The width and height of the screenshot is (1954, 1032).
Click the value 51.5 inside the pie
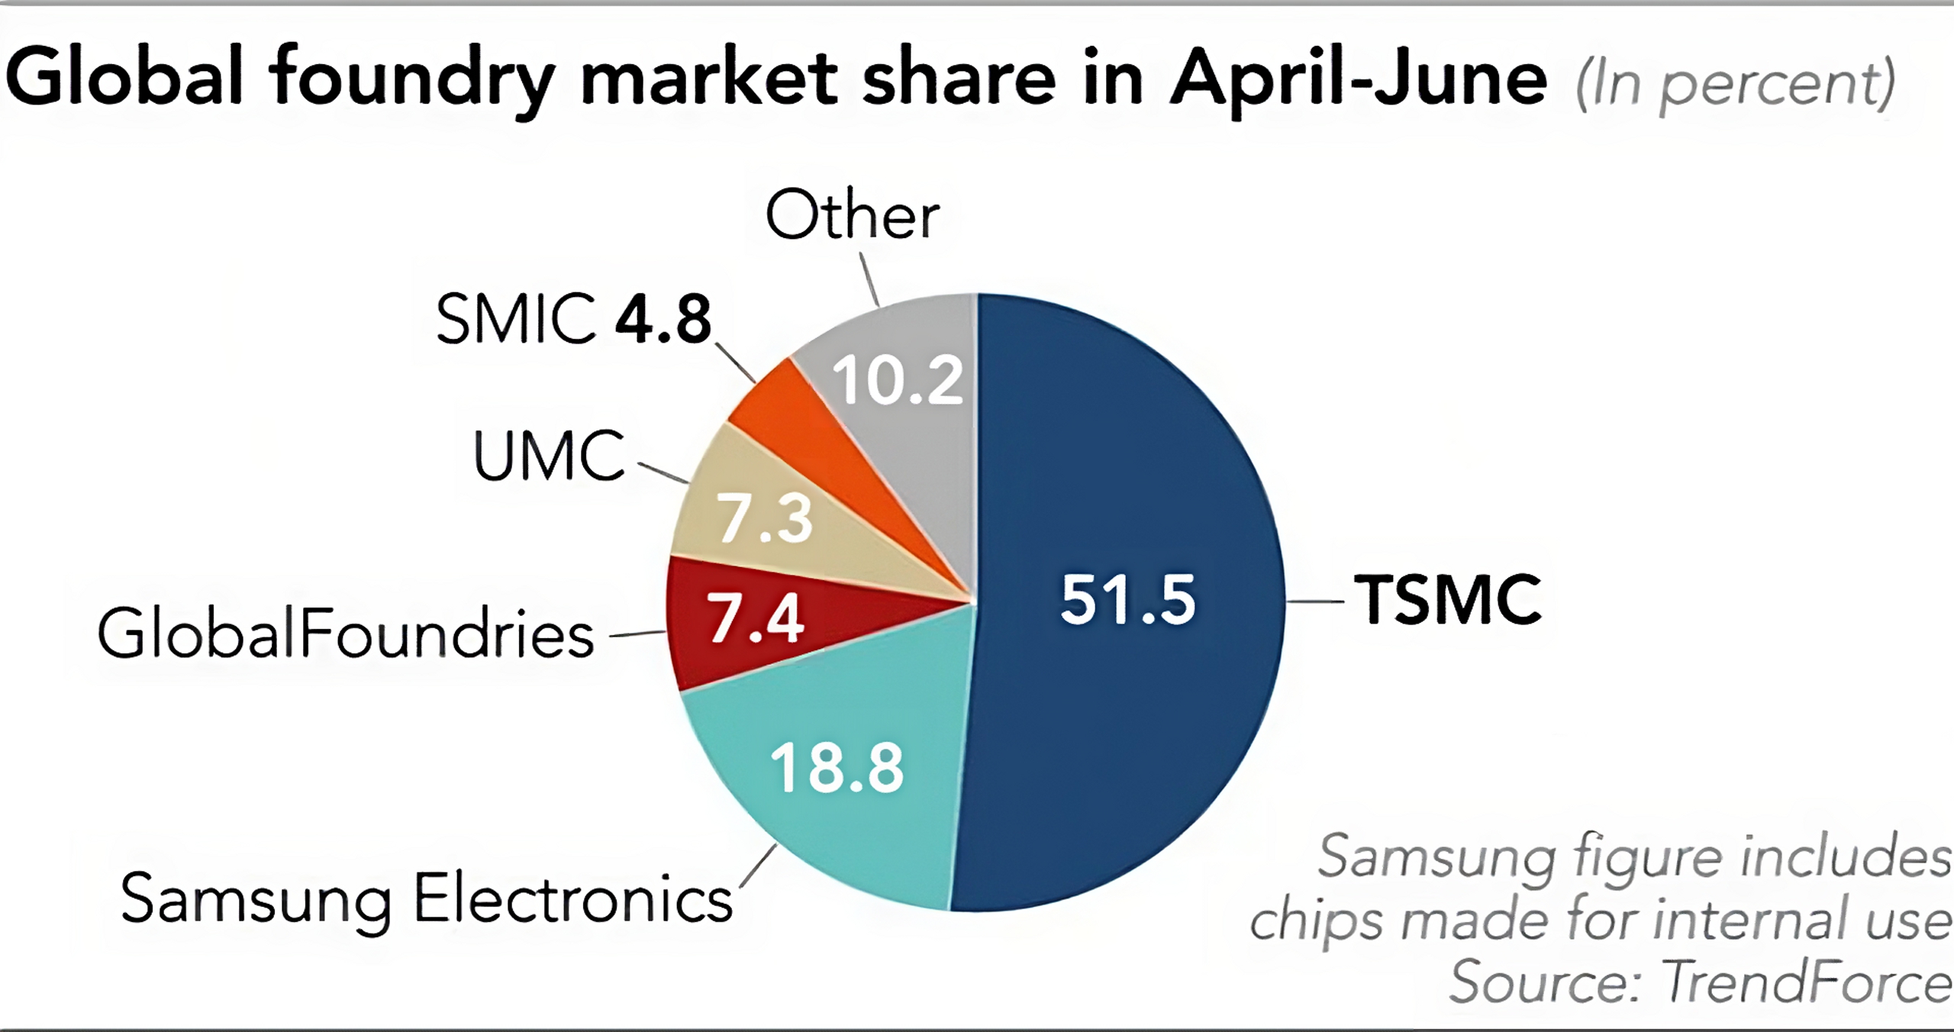[1128, 600]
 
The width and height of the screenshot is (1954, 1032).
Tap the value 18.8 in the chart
[837, 767]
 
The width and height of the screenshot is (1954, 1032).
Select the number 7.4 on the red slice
[756, 617]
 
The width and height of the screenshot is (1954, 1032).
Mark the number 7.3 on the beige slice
[766, 519]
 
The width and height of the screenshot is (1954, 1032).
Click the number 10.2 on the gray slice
[898, 379]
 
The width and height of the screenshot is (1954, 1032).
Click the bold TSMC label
[1448, 601]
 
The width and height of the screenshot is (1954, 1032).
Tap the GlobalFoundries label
[345, 634]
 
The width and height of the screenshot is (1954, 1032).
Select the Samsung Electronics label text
[426, 899]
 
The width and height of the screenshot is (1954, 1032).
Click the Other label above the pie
[853, 216]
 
